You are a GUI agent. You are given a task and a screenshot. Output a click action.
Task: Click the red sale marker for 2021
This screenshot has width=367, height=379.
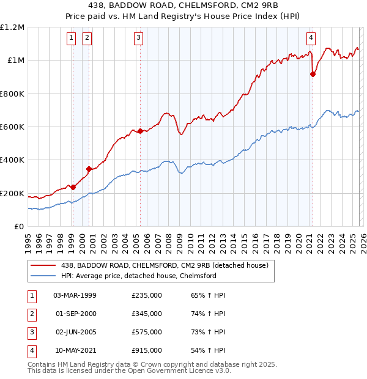pos(313,74)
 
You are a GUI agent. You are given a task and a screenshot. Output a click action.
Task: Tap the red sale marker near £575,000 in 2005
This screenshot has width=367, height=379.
pos(140,131)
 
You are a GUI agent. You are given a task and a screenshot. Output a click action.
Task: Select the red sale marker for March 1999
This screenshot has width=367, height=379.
pos(73,187)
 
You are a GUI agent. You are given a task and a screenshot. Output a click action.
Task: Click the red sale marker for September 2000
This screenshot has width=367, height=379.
pos(89,169)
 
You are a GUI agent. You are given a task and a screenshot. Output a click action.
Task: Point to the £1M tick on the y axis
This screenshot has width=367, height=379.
pos(15,61)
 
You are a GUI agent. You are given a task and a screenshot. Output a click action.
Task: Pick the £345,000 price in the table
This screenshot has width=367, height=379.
pos(147,314)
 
